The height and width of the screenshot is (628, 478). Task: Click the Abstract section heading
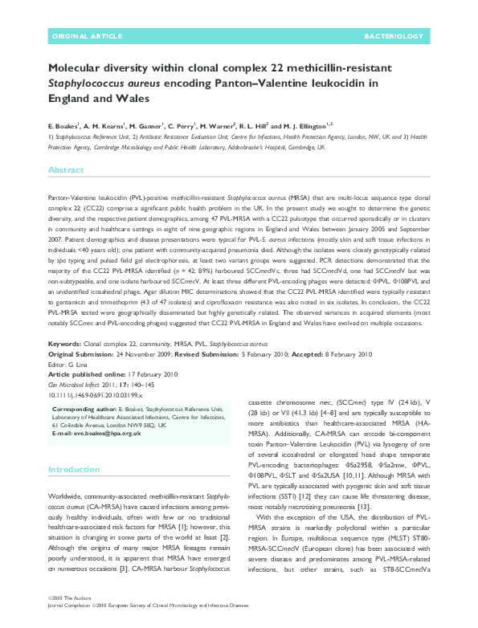(x=66, y=171)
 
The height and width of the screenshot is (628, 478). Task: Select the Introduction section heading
(x=74, y=469)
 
